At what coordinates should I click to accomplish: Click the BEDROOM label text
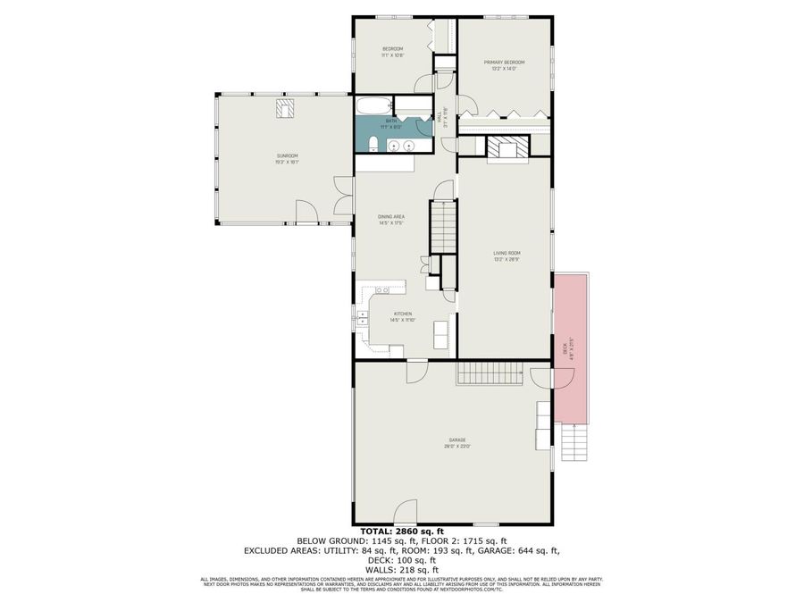pos(394,48)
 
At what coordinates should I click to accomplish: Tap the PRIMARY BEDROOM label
pos(504,63)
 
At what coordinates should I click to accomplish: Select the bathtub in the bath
pos(376,106)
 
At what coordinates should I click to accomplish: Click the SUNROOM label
pos(287,156)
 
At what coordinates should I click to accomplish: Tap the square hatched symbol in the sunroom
pos(287,109)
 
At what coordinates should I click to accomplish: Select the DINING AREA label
pos(391,218)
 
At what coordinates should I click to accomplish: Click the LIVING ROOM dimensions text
pos(507,259)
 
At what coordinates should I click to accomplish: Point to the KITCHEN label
pos(404,314)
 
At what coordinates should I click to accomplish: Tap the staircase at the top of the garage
pos(487,373)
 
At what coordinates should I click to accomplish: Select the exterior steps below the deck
pos(574,442)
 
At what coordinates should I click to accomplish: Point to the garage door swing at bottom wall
pos(486,523)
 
